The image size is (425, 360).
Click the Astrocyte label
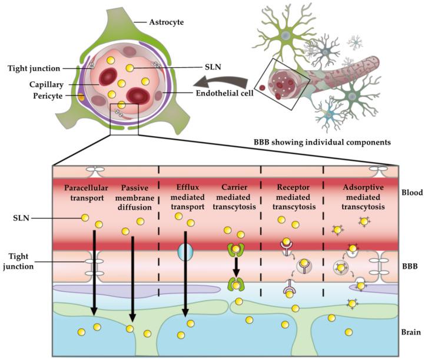coord(167,22)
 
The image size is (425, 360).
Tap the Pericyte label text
coord(48,96)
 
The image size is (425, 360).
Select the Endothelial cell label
coord(225,93)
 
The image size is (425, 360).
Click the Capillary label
coord(47,85)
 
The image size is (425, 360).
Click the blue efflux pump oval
coord(185,252)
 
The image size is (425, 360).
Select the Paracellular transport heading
coord(86,193)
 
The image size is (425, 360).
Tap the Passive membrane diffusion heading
coord(135,197)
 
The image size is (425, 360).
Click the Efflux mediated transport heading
coord(188,197)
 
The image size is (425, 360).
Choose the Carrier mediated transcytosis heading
coord(234,197)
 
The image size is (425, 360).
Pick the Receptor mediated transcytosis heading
coord(294,197)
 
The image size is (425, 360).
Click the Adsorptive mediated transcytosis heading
coord(363,197)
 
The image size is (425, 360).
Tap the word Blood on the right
coord(412,193)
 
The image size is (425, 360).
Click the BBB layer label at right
coord(410,266)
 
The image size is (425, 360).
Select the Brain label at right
coord(411,332)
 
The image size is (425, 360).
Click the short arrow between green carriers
coord(237,267)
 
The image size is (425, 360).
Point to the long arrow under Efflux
coord(185,274)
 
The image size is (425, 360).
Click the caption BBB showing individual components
coord(322,142)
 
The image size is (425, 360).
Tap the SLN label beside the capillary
coord(213,67)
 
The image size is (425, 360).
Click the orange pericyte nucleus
coord(81,97)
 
